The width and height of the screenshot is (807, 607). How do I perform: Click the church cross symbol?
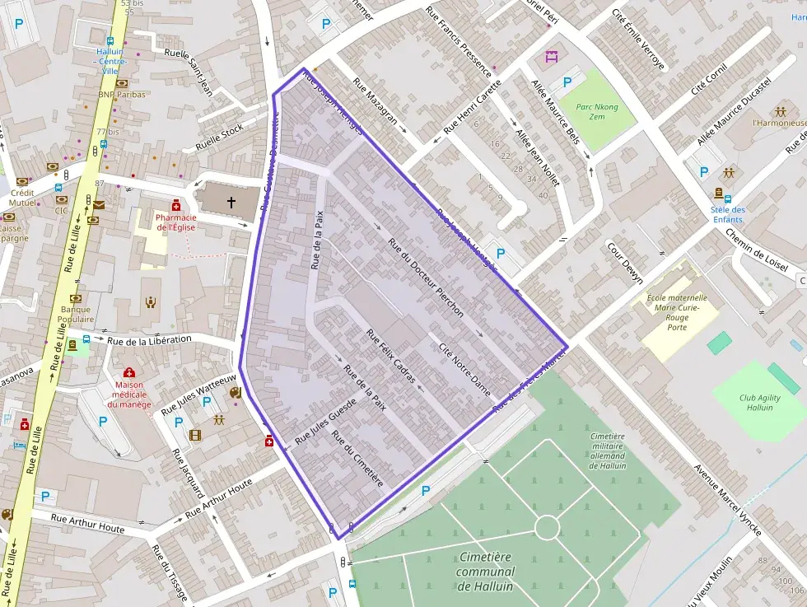pyautogui.click(x=231, y=201)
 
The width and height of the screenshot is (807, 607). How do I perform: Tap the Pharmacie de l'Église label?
pyautogui.click(x=175, y=222)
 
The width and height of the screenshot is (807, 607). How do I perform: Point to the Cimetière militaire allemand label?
pyautogui.click(x=607, y=451)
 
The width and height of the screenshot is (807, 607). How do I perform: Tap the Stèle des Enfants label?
pyautogui.click(x=727, y=214)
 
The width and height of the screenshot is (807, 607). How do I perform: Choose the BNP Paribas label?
pyautogui.click(x=120, y=94)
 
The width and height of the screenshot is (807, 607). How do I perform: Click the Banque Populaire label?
pyautogui.click(x=76, y=314)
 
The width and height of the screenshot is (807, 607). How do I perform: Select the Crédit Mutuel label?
pyautogui.click(x=22, y=197)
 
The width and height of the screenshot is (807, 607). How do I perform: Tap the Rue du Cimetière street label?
pyautogui.click(x=357, y=458)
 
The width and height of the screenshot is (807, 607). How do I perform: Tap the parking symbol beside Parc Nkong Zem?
pyautogui.click(x=567, y=82)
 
